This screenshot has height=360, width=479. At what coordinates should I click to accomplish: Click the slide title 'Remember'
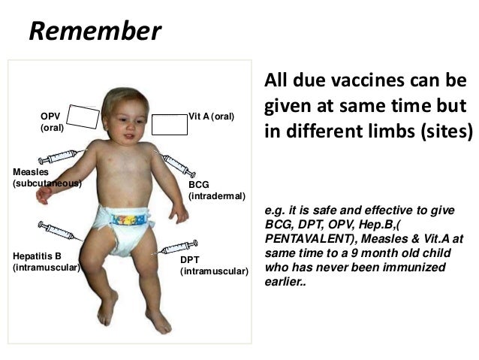[94, 31]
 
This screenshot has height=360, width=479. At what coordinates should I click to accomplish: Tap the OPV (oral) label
[51, 123]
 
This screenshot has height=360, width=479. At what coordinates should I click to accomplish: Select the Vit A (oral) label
[212, 118]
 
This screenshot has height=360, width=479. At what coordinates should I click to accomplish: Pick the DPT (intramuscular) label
[213, 265]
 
